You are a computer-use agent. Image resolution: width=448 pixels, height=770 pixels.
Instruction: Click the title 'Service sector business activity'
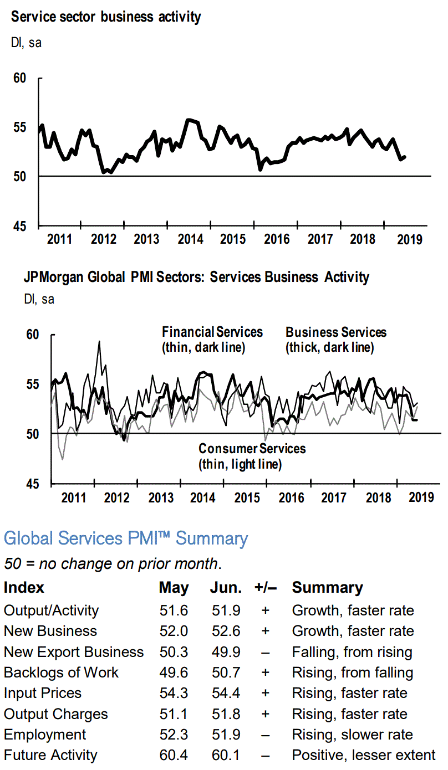click(106, 17)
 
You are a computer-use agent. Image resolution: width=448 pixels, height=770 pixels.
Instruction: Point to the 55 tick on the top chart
click(19, 127)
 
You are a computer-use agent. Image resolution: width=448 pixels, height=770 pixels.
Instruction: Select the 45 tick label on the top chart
click(19, 226)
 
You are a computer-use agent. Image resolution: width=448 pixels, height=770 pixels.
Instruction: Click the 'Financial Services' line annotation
click(212, 332)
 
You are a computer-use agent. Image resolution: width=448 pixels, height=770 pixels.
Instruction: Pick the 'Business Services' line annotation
click(336, 332)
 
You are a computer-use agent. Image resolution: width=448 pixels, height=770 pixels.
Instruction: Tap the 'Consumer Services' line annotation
click(252, 448)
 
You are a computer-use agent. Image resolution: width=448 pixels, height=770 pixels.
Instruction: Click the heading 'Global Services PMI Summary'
click(126, 538)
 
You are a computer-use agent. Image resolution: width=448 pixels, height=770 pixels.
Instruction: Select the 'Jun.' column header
click(226, 588)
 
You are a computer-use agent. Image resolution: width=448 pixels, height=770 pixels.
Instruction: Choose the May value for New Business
click(174, 631)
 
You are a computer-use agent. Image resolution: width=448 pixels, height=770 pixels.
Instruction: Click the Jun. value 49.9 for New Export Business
click(226, 652)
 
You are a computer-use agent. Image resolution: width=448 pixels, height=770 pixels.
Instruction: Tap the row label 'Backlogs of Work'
click(61, 673)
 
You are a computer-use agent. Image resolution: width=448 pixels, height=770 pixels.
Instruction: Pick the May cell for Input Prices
click(174, 694)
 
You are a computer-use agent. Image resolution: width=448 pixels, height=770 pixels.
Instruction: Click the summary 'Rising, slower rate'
click(352, 735)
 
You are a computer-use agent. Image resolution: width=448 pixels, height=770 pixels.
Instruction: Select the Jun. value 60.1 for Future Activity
click(226, 756)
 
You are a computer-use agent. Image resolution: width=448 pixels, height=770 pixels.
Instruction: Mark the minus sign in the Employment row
click(265, 735)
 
